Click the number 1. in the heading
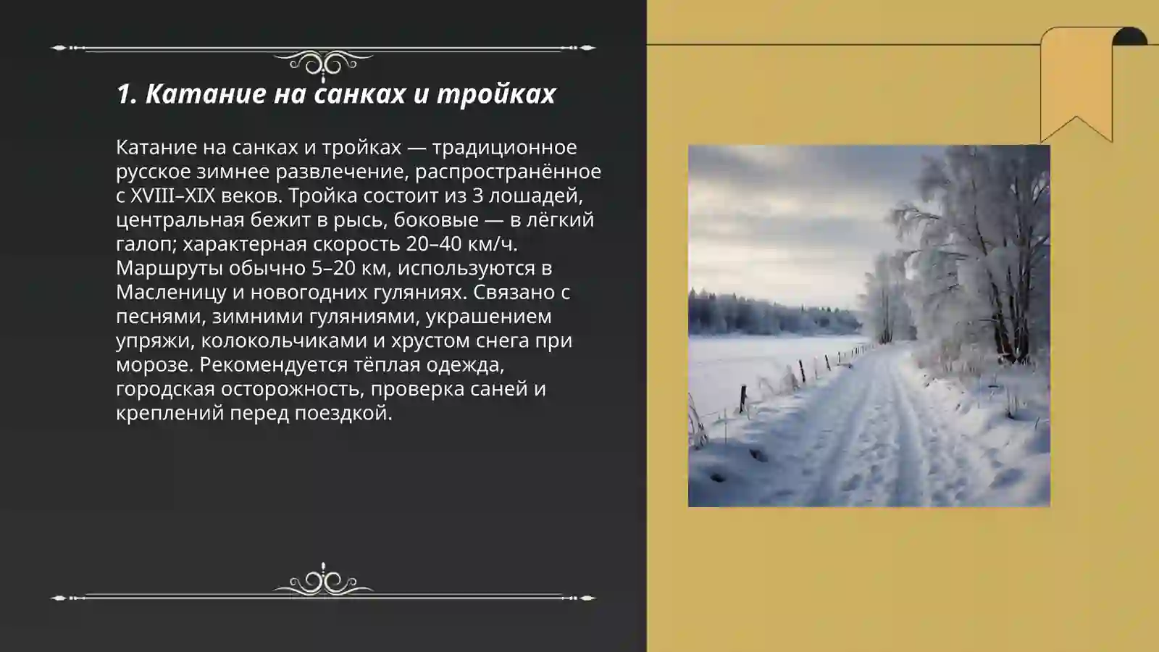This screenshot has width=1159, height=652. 127,93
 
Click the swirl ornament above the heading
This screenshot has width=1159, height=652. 323,64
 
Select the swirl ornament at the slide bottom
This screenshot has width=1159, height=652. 323,581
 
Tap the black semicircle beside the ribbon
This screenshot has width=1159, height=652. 1129,37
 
